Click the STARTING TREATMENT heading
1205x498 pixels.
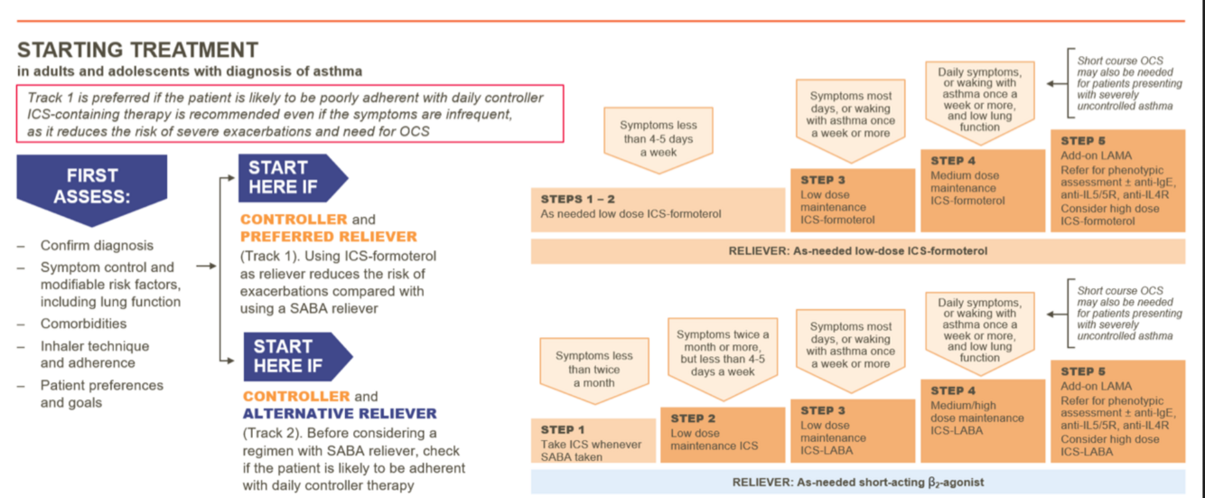137,50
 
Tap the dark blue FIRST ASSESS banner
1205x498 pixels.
91,186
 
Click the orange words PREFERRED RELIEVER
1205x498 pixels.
329,237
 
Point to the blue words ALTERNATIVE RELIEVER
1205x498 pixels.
339,414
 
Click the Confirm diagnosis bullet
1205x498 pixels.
97,246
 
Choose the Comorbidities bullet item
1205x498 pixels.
83,324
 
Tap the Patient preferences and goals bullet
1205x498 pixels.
101,394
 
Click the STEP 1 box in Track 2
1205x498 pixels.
593,441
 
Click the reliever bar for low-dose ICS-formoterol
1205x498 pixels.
857,251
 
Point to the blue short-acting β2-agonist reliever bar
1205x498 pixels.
857,483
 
